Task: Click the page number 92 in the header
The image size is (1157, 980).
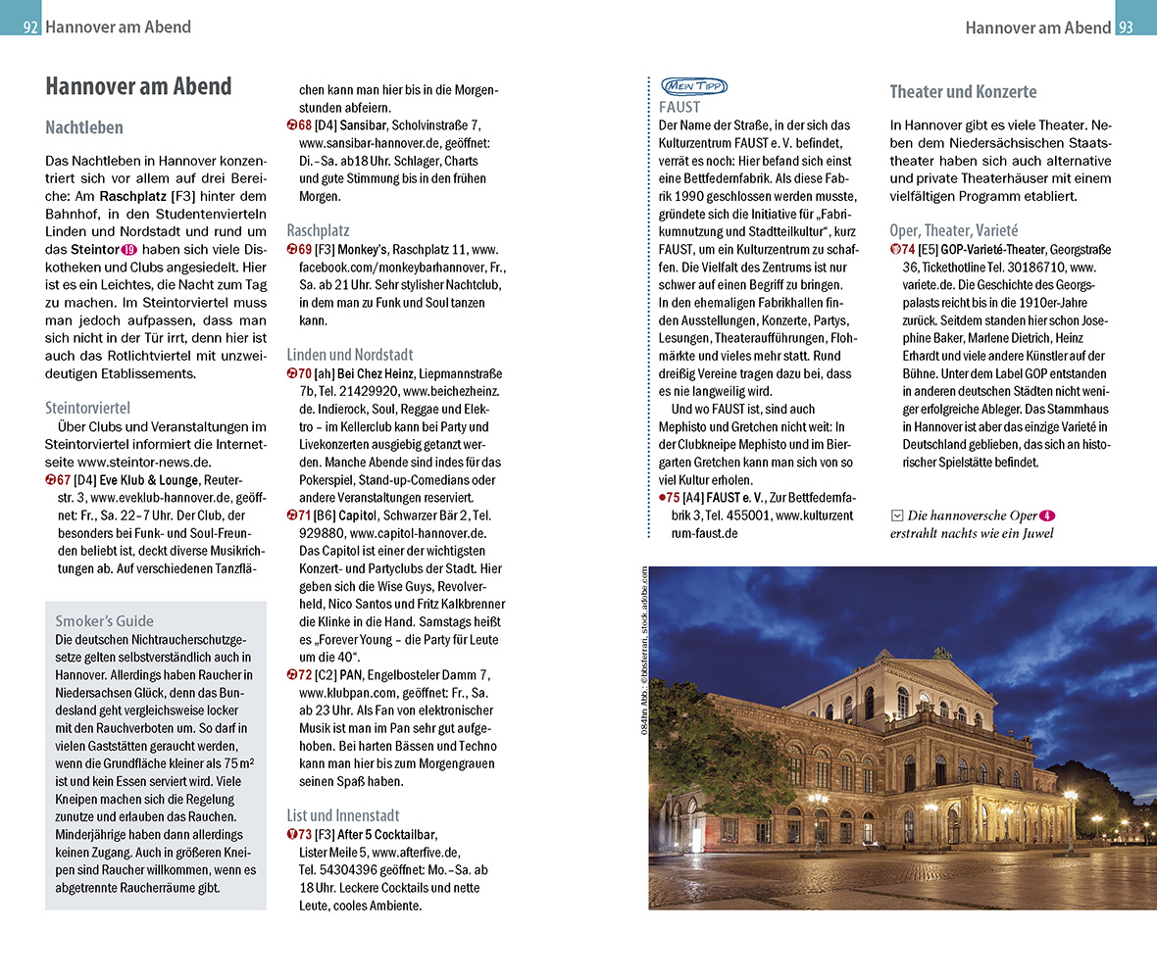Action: [x=30, y=27]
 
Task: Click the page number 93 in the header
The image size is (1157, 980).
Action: [x=1126, y=27]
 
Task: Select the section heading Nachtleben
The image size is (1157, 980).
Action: [x=84, y=127]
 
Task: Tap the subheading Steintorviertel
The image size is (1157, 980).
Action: [x=87, y=408]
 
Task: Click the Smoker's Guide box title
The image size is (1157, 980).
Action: [x=104, y=620]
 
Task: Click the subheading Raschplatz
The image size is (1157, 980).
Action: [x=318, y=230]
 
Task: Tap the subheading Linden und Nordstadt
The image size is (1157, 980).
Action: [x=350, y=355]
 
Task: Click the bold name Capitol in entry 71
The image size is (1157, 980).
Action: [x=358, y=515]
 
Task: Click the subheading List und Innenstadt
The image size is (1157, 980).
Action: [x=342, y=815]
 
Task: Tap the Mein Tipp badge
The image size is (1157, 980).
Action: [x=694, y=86]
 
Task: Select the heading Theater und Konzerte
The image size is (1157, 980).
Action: [x=963, y=92]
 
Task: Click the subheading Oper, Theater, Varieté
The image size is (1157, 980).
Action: [x=954, y=230]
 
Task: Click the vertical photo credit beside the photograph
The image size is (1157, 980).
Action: [x=644, y=651]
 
